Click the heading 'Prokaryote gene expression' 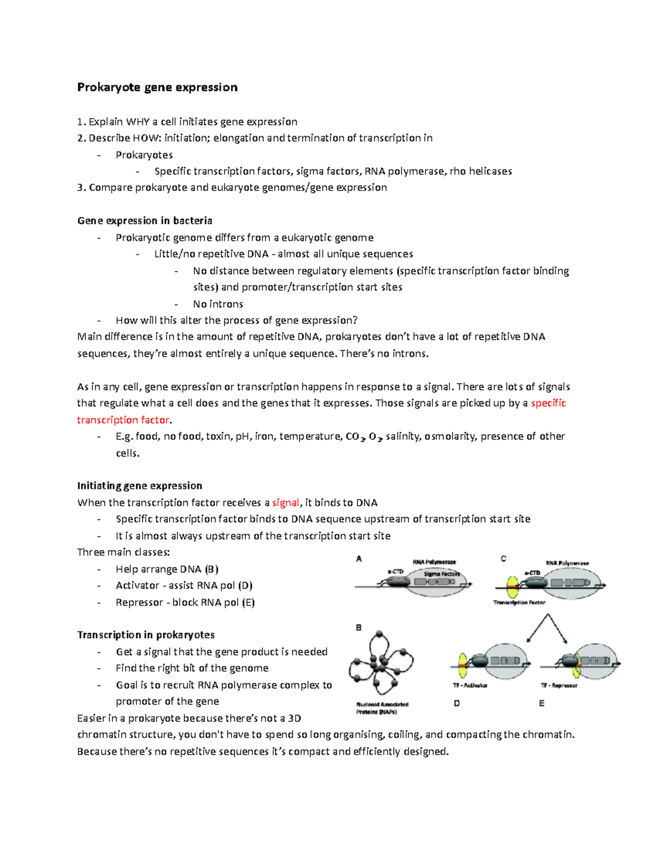(157, 88)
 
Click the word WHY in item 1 (137, 122)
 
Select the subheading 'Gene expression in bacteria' (145, 221)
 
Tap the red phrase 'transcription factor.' (124, 420)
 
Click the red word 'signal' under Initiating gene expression (285, 502)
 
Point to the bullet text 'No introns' (218, 304)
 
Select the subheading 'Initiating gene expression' (140, 485)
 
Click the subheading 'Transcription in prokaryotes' (146, 635)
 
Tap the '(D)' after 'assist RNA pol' (245, 586)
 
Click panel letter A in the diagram (359, 559)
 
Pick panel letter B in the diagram (359, 628)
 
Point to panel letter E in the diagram (541, 703)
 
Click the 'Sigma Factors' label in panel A (442, 574)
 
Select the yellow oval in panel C (513, 587)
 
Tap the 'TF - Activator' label (470, 685)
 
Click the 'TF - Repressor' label (559, 685)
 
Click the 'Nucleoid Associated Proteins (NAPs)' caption (382, 708)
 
